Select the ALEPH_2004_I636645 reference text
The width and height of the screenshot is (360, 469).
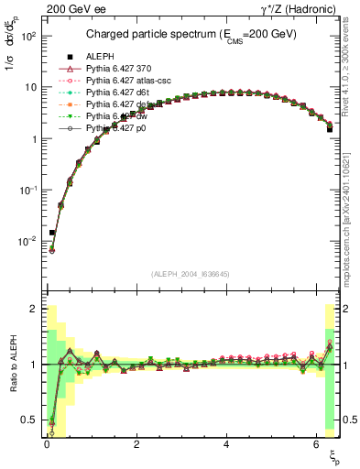(x=191, y=274)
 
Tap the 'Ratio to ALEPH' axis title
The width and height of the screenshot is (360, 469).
(x=12, y=366)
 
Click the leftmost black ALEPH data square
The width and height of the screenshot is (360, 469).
(x=52, y=233)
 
